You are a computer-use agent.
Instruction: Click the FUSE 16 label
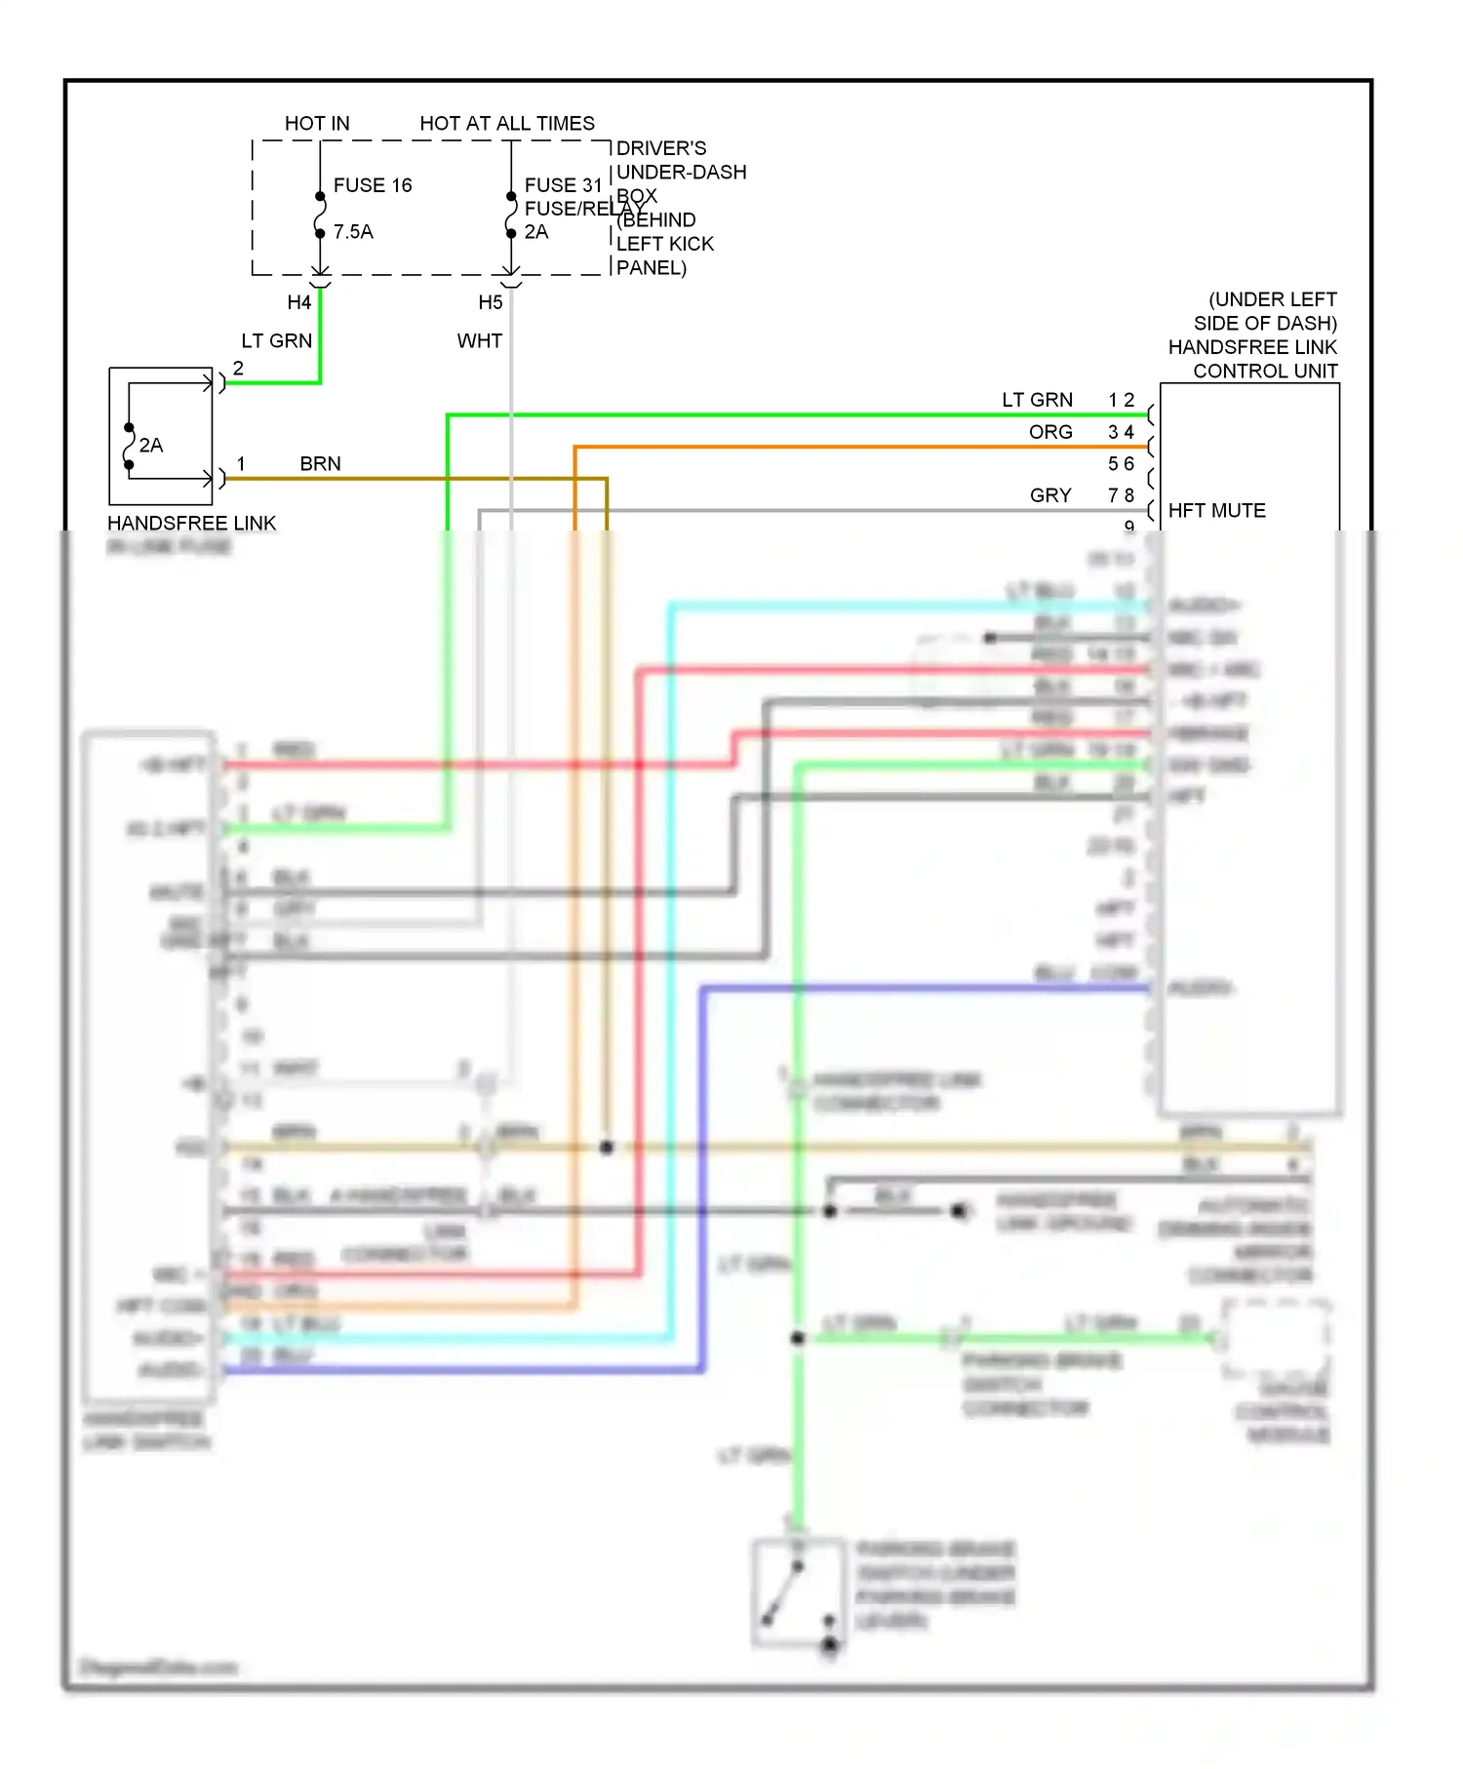pyautogui.click(x=373, y=185)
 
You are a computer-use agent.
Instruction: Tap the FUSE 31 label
pyautogui.click(x=563, y=185)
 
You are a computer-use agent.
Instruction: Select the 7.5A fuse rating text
pyautogui.click(x=353, y=232)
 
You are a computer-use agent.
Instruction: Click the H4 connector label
pyautogui.click(x=298, y=302)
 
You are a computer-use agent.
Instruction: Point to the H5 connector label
pyautogui.click(x=491, y=302)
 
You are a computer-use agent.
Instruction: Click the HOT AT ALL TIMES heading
pyautogui.click(x=506, y=124)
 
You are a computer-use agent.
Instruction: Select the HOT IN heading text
pyautogui.click(x=317, y=124)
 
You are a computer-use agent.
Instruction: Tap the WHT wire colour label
pyautogui.click(x=479, y=341)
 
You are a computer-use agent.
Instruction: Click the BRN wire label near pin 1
pyautogui.click(x=320, y=464)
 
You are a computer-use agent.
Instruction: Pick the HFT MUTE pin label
pyautogui.click(x=1216, y=511)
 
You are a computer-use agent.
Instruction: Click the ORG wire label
pyautogui.click(x=1050, y=432)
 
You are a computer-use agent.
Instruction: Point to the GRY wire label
pyautogui.click(x=1050, y=495)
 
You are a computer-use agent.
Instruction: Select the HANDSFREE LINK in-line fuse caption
pyautogui.click(x=191, y=524)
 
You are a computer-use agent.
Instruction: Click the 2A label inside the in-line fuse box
pyautogui.click(x=151, y=446)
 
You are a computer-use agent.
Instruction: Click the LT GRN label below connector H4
pyautogui.click(x=277, y=341)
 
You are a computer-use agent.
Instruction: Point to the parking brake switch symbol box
pyautogui.click(x=798, y=1592)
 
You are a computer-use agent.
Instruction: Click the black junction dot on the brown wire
pyautogui.click(x=607, y=1147)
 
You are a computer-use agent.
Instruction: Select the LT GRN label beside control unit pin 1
pyautogui.click(x=1037, y=400)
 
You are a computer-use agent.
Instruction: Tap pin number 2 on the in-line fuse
pyautogui.click(x=238, y=369)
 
